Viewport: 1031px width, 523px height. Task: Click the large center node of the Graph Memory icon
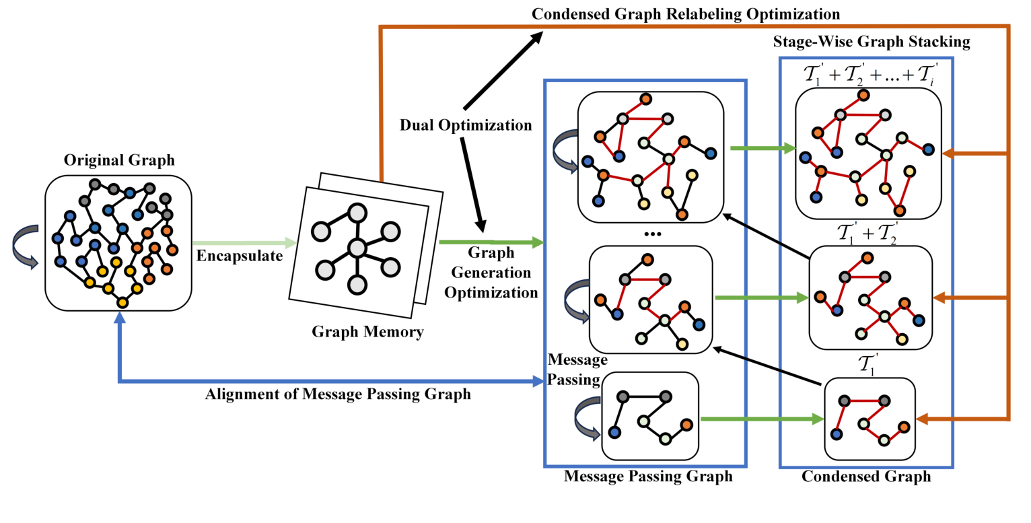coord(357,248)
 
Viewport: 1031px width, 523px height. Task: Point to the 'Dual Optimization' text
coord(466,125)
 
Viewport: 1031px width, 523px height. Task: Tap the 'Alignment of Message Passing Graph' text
coord(338,394)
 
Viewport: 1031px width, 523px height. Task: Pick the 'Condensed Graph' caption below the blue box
coord(866,477)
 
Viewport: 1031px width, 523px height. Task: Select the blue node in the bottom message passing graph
coord(614,431)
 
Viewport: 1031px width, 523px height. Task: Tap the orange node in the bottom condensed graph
coord(904,427)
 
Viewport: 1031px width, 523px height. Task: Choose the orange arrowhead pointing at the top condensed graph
coord(949,154)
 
